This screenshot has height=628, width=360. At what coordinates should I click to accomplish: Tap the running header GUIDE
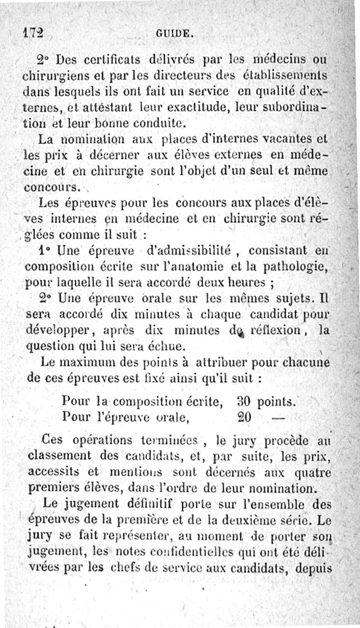pos(175,33)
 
